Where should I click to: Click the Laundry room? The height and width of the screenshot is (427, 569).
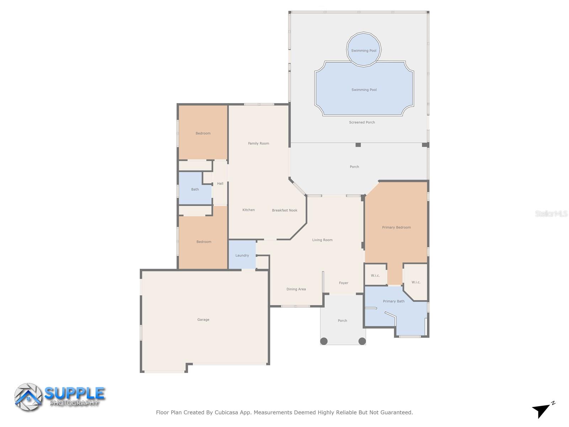(242, 255)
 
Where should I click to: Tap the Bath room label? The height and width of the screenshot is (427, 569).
(195, 189)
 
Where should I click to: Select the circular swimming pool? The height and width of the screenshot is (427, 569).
(364, 49)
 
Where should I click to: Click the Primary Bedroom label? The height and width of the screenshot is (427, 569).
(396, 227)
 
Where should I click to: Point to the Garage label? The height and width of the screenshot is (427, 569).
(203, 320)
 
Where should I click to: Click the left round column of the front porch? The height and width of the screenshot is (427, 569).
(324, 341)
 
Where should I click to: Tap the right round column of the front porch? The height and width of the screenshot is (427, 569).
(362, 341)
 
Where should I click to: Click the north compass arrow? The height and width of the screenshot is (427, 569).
(542, 410)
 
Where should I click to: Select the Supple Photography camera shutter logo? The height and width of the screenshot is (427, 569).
(28, 397)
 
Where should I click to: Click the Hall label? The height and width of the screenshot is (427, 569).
(220, 184)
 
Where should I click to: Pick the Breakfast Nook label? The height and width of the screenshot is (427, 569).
(284, 210)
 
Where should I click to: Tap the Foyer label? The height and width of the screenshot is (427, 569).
(344, 283)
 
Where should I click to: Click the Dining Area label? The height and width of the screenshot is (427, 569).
(296, 289)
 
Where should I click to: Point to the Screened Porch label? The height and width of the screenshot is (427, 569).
(362, 122)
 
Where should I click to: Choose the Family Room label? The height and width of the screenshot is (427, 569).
(259, 143)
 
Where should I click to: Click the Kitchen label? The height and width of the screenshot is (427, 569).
(249, 210)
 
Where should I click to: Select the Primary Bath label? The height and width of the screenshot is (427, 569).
(394, 301)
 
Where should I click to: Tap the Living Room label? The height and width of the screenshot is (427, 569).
(322, 240)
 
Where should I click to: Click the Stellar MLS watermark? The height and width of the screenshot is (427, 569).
(551, 213)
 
